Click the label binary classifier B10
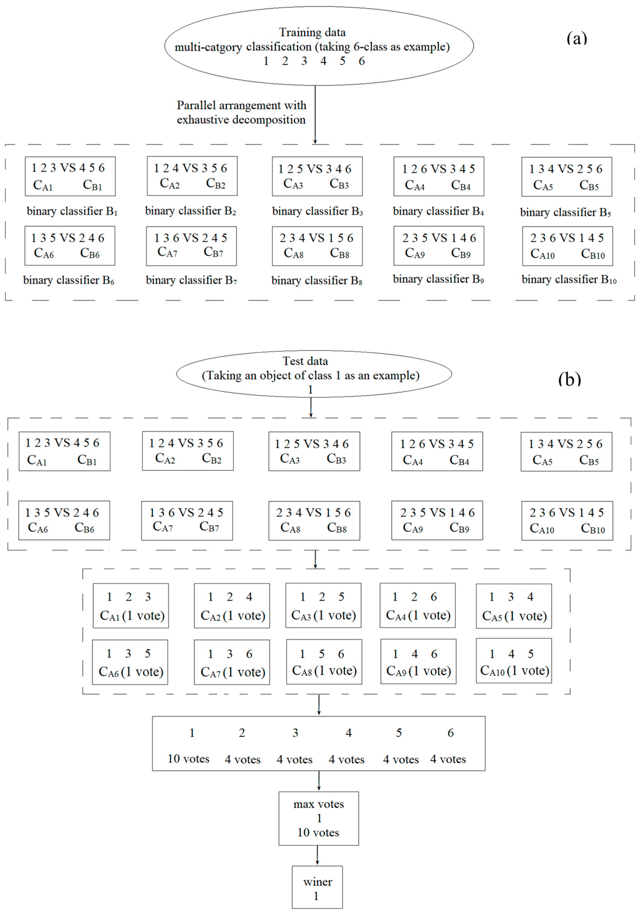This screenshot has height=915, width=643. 569,280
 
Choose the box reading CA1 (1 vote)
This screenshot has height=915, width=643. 131,606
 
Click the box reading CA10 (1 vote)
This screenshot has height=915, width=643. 514,661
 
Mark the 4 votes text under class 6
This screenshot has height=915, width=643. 448,759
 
